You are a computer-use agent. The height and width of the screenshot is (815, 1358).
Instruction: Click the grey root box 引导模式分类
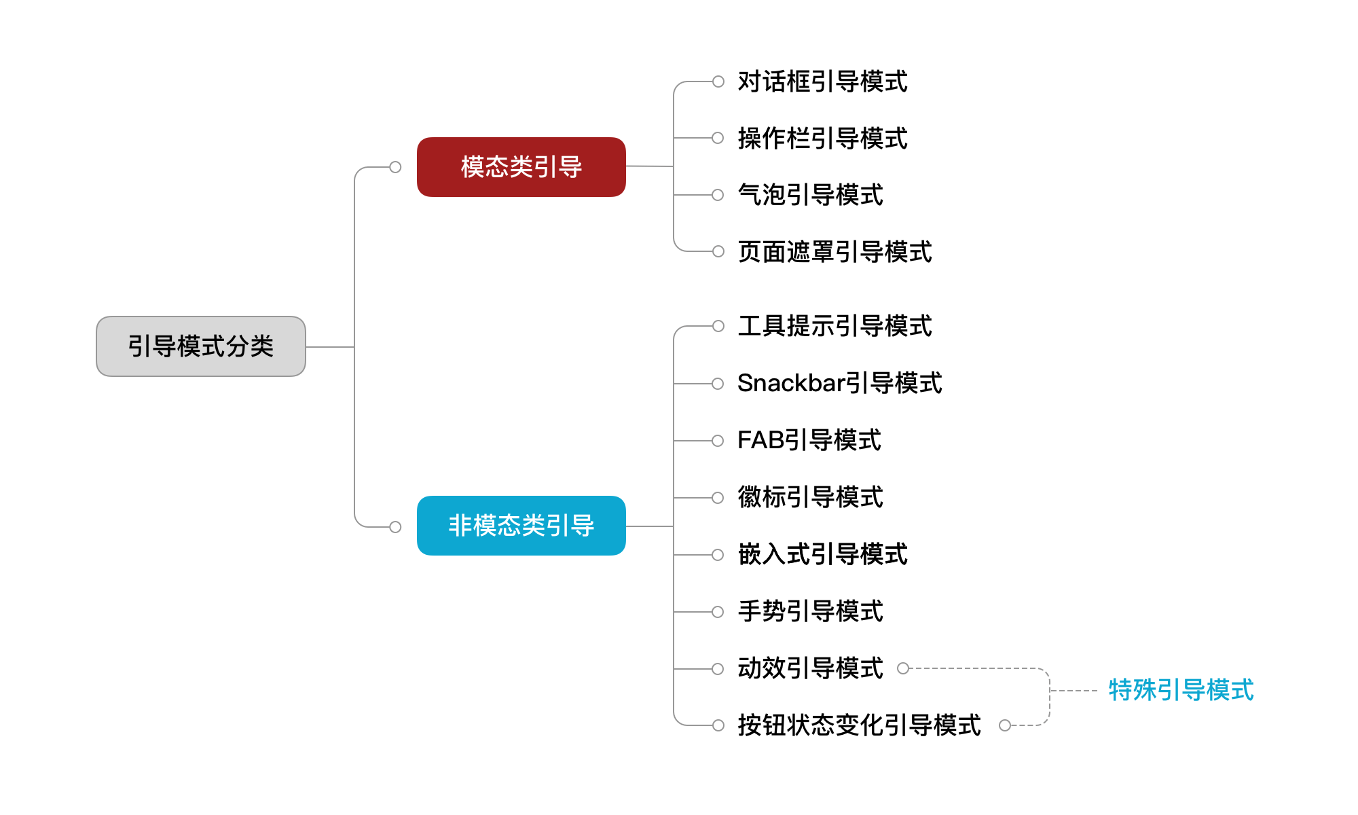pyautogui.click(x=201, y=346)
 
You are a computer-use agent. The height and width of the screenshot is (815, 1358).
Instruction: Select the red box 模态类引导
pyautogui.click(x=521, y=167)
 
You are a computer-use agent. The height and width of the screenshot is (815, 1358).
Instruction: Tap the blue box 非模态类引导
pyautogui.click(x=521, y=526)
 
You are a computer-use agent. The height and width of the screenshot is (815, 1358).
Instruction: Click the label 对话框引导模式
pyautogui.click(x=822, y=81)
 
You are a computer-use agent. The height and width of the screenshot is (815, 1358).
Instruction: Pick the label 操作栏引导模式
pyautogui.click(x=822, y=139)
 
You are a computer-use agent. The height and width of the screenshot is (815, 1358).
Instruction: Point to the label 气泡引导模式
pyautogui.click(x=810, y=196)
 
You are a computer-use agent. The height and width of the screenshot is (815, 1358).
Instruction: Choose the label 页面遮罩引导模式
pyautogui.click(x=834, y=252)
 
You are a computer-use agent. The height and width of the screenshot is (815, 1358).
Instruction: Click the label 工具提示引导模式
pyautogui.click(x=834, y=326)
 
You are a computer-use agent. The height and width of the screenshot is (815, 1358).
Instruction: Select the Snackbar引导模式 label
pyautogui.click(x=839, y=383)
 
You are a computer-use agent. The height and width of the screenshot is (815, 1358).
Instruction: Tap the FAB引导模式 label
pyautogui.click(x=809, y=440)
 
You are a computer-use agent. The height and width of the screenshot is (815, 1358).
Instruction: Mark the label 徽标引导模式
pyautogui.click(x=810, y=497)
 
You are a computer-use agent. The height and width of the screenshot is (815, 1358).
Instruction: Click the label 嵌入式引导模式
pyautogui.click(x=822, y=554)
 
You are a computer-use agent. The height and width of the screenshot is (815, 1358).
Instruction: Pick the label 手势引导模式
pyautogui.click(x=810, y=611)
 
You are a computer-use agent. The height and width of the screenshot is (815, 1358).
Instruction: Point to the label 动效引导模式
pyautogui.click(x=810, y=668)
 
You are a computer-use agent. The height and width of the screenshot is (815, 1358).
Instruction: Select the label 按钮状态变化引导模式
pyautogui.click(x=859, y=725)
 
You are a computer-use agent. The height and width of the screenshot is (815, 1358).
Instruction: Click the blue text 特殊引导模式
pyautogui.click(x=1181, y=690)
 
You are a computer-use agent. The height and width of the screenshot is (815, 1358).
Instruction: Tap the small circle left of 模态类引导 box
pyautogui.click(x=395, y=167)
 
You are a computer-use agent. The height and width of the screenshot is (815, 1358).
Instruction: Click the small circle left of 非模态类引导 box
pyautogui.click(x=395, y=527)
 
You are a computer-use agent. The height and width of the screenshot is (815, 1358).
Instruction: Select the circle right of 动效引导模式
pyautogui.click(x=903, y=668)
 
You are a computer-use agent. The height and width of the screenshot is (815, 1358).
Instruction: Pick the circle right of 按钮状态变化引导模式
pyautogui.click(x=1005, y=725)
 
